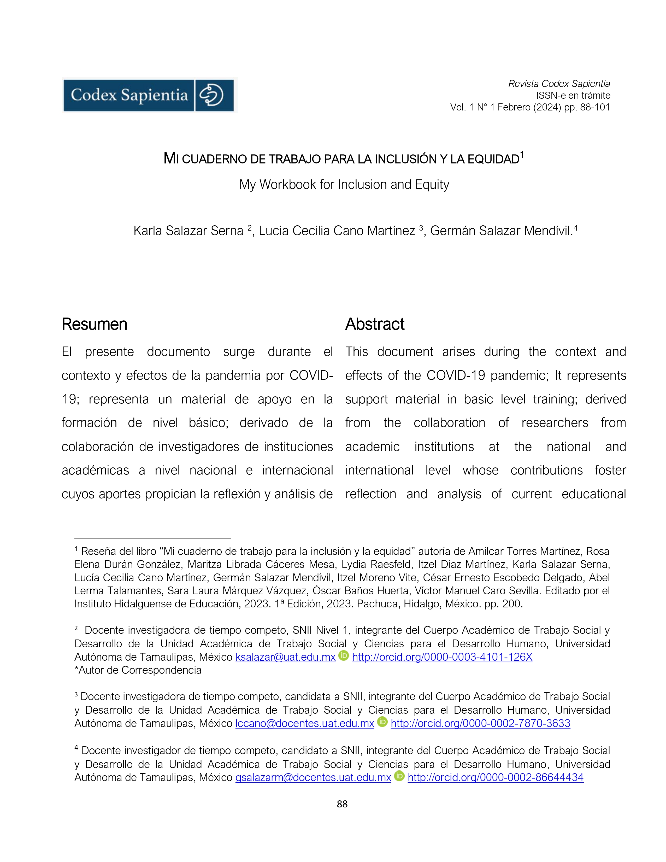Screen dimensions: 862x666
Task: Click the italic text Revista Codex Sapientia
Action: [x=559, y=84]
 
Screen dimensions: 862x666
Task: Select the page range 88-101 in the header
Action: [x=595, y=107]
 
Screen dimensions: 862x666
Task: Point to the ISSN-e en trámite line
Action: [x=573, y=96]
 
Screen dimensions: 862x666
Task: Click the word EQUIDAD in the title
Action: [x=493, y=160]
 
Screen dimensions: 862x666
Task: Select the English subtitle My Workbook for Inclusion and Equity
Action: [x=344, y=185]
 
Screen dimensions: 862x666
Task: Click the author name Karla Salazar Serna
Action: [x=188, y=231]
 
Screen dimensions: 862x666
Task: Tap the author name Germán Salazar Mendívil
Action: [x=501, y=231]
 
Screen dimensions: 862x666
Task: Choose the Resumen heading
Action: [x=94, y=324]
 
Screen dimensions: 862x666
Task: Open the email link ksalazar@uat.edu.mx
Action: [x=285, y=657]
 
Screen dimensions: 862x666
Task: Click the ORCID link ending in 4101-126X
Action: [x=442, y=657]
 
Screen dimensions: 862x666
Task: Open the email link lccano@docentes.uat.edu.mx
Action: [x=305, y=723]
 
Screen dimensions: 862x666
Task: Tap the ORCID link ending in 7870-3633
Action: [x=480, y=723]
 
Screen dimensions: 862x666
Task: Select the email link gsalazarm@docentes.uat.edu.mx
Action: [x=313, y=778]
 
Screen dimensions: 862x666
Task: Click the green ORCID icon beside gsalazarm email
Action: [x=399, y=776]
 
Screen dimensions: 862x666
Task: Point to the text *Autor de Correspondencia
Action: [x=138, y=670]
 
